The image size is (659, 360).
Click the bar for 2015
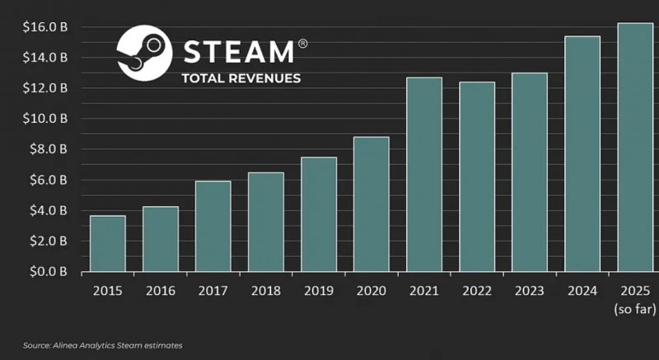(107, 244)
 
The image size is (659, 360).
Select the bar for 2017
(213, 227)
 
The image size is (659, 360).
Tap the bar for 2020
(371, 204)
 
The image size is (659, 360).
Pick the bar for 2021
(424, 175)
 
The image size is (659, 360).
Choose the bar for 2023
(529, 172)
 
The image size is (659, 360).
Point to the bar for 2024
(582, 154)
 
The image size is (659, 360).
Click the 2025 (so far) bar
(635, 147)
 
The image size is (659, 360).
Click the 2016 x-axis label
(161, 292)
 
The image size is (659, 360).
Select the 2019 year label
(319, 292)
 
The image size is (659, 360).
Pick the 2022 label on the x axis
(477, 292)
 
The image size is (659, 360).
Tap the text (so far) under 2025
(635, 310)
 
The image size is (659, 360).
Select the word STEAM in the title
(237, 52)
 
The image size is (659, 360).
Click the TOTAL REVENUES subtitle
(241, 79)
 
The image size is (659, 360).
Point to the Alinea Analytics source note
(103, 345)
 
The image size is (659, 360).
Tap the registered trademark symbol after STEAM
(302, 43)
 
